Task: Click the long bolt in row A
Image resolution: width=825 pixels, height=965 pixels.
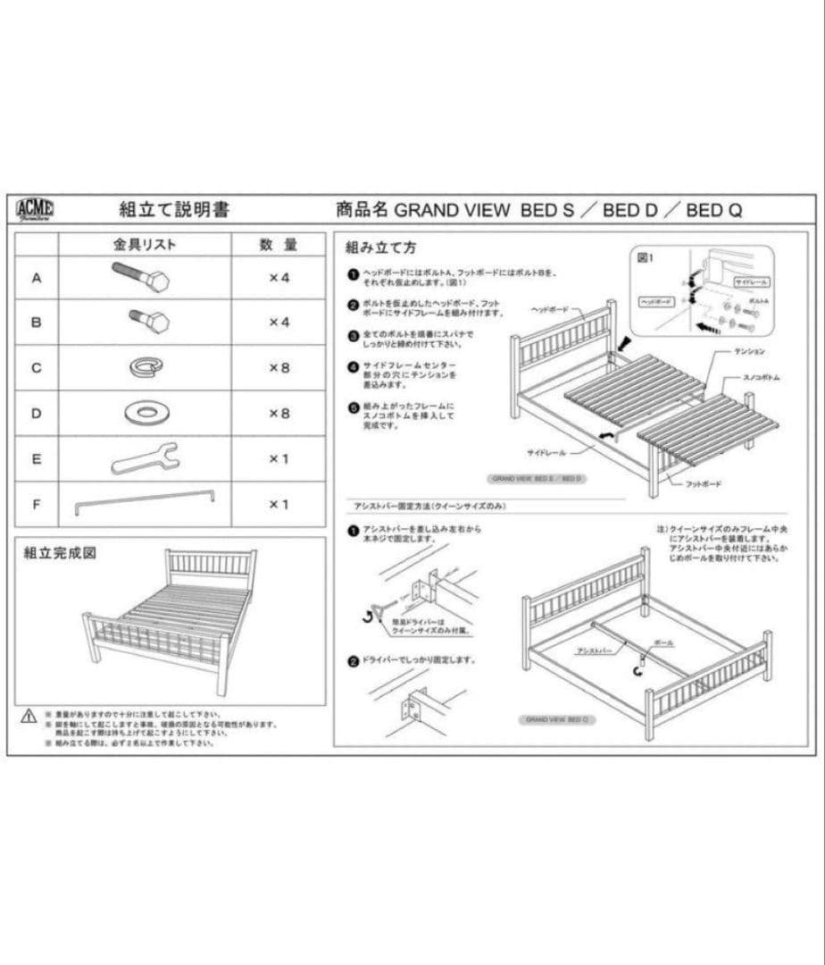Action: click(x=141, y=276)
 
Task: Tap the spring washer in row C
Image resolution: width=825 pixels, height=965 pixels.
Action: click(x=146, y=366)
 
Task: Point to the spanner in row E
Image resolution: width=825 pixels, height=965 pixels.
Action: click(x=145, y=458)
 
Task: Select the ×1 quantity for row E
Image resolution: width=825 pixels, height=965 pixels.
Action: click(x=279, y=459)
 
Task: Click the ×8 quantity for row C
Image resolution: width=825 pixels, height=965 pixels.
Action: click(x=279, y=367)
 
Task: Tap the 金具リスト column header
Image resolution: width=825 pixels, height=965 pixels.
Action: click(x=145, y=244)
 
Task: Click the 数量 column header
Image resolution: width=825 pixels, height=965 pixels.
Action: click(x=279, y=244)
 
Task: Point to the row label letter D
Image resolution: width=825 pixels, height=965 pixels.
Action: click(x=37, y=413)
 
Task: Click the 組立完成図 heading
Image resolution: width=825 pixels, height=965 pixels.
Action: click(x=60, y=553)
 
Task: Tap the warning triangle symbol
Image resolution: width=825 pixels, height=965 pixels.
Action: click(x=29, y=717)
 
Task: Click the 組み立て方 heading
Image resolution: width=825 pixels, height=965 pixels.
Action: click(x=380, y=247)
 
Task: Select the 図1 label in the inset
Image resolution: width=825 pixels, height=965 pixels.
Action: click(x=646, y=257)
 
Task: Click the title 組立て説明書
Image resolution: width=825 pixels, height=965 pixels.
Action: click(x=174, y=210)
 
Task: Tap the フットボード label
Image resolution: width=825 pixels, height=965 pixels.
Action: click(x=703, y=483)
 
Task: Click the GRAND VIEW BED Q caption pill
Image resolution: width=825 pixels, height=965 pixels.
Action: click(x=556, y=719)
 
